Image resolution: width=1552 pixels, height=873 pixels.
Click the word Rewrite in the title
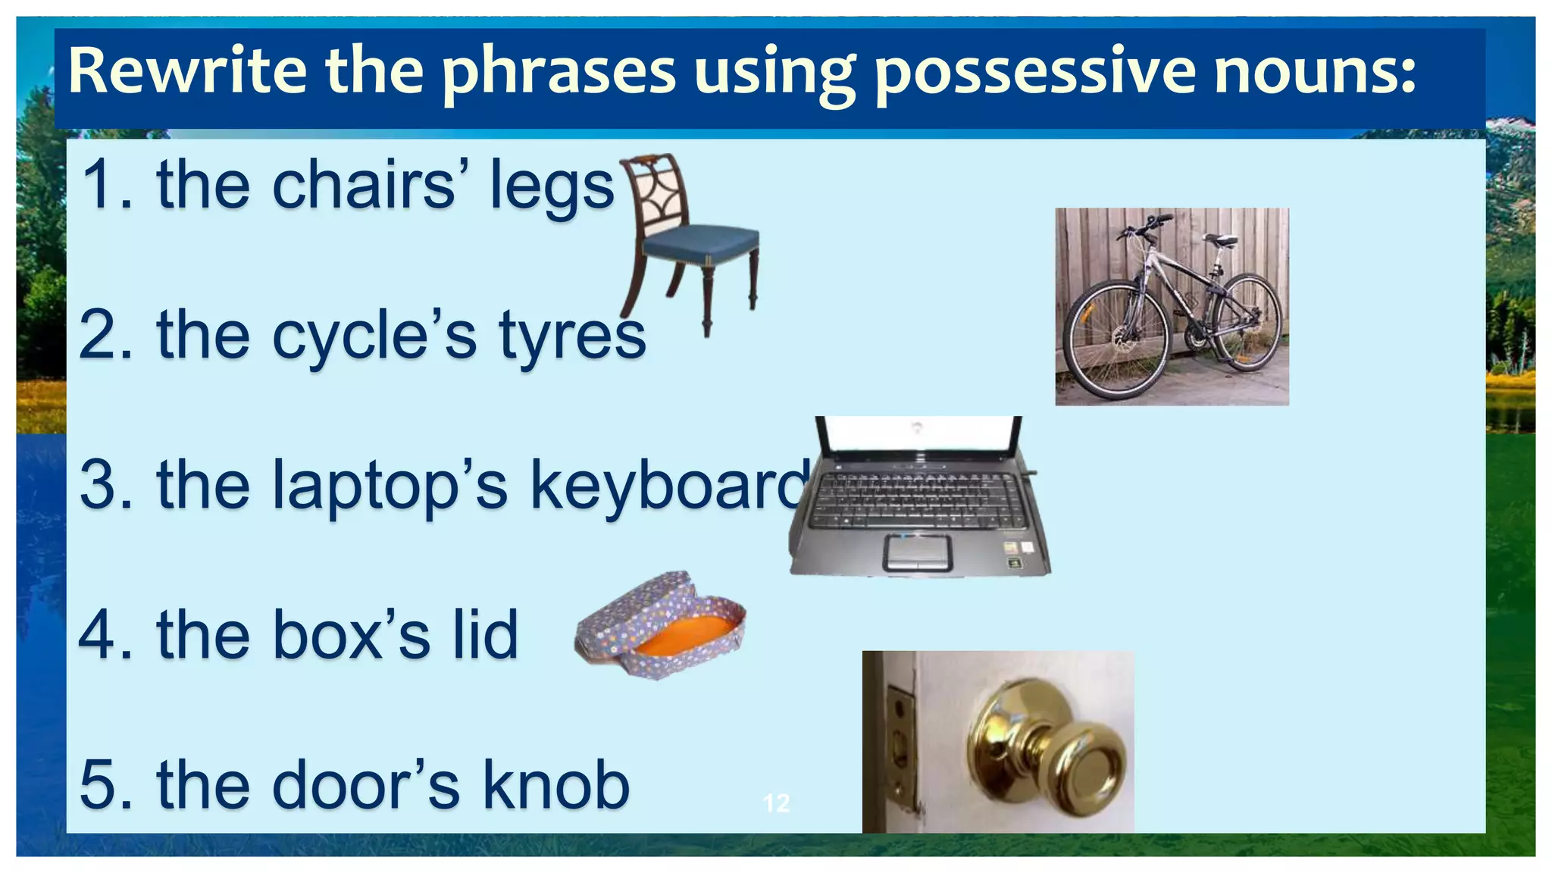coord(186,70)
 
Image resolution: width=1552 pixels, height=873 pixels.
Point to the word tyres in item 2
coord(572,336)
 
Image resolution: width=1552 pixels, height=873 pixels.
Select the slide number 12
coord(776,803)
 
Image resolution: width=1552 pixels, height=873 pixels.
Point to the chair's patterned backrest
coord(655,192)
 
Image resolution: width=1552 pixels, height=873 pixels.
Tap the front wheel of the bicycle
coord(1116,339)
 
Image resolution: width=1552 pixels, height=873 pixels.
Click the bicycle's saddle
coord(1220,240)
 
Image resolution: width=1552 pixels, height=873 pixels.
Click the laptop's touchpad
coord(917,551)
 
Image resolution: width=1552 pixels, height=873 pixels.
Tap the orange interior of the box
coord(682,635)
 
